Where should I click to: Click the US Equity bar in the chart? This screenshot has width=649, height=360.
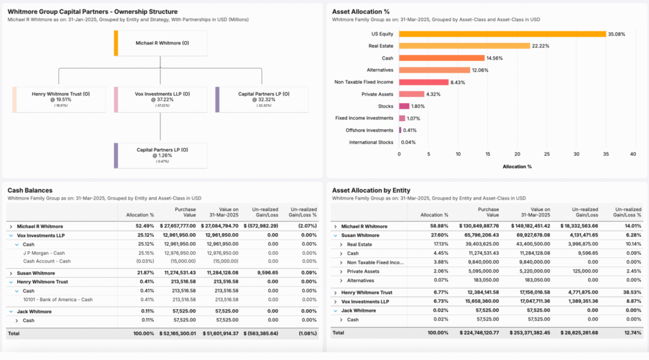(x=502, y=34)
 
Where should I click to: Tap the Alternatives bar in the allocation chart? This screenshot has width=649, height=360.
(x=434, y=70)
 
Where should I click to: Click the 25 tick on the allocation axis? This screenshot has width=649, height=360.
(x=546, y=153)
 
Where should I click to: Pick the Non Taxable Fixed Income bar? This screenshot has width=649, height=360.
(x=423, y=82)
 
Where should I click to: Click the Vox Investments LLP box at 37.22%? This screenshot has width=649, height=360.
(x=162, y=100)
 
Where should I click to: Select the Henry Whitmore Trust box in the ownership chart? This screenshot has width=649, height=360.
(x=61, y=100)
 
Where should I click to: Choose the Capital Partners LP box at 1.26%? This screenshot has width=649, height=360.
(x=162, y=155)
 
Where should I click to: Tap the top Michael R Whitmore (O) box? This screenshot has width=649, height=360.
(x=162, y=44)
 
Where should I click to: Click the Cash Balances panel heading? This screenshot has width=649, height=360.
(x=30, y=190)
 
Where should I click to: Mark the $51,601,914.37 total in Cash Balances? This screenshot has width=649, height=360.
(x=220, y=333)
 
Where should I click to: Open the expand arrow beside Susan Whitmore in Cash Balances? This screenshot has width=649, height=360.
(x=11, y=273)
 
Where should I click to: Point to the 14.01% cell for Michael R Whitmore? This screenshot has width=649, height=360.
(x=631, y=226)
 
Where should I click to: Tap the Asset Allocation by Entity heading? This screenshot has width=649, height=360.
(x=371, y=190)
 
